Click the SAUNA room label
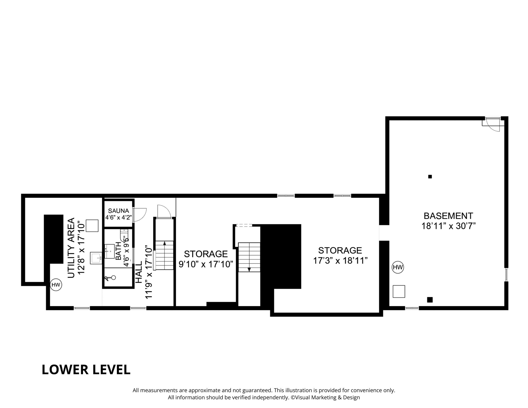(119, 211)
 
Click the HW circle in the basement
(398, 267)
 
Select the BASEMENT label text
(448, 216)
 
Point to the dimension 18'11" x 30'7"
(448, 226)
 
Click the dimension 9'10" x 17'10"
(206, 264)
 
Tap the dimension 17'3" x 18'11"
(340, 261)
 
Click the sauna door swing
(140, 214)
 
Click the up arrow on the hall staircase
(164, 243)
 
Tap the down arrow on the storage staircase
(249, 270)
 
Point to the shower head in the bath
(110, 278)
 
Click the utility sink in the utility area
(96, 258)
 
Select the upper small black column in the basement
(430, 177)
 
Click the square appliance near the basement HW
(399, 291)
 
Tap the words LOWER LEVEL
(86, 369)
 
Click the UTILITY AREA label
(71, 248)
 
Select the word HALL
(139, 272)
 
